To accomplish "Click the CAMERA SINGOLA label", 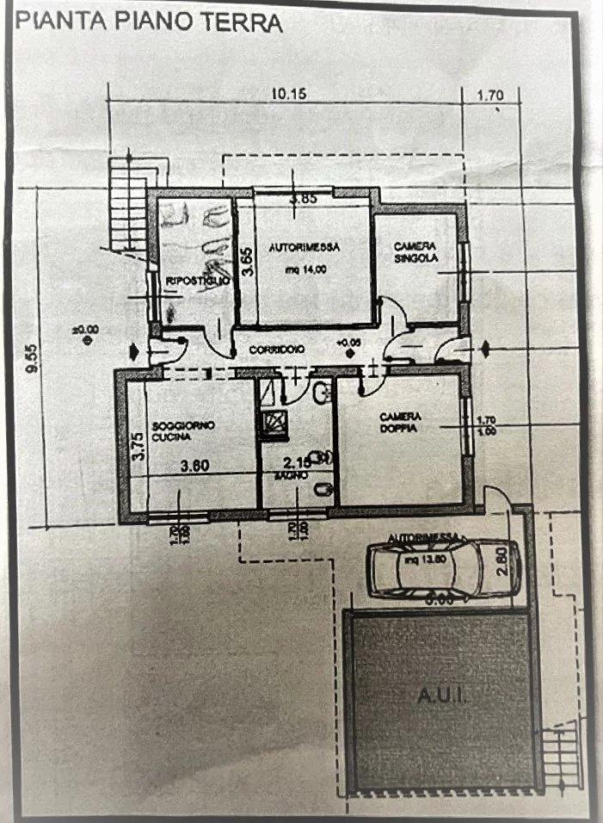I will [x=416, y=251].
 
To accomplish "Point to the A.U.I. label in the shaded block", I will [x=440, y=695].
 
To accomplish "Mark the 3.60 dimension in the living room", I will [x=198, y=466].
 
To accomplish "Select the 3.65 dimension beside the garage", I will [x=247, y=260].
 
